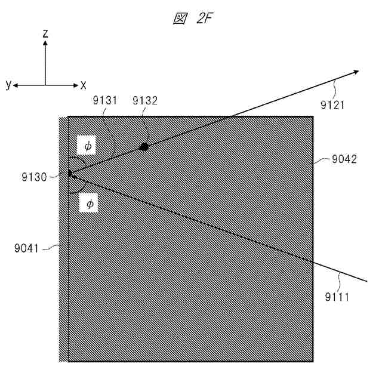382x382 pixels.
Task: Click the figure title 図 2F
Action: click(x=193, y=19)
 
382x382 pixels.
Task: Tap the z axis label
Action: click(x=45, y=34)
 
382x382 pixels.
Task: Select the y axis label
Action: click(x=8, y=85)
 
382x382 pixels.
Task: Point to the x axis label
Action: click(x=84, y=85)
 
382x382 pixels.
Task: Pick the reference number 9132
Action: click(x=145, y=100)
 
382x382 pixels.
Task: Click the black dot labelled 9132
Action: click(x=143, y=147)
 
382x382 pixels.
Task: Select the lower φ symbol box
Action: click(x=89, y=204)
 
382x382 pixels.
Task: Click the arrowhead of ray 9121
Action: click(x=356, y=72)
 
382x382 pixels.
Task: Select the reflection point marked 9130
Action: click(x=69, y=173)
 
